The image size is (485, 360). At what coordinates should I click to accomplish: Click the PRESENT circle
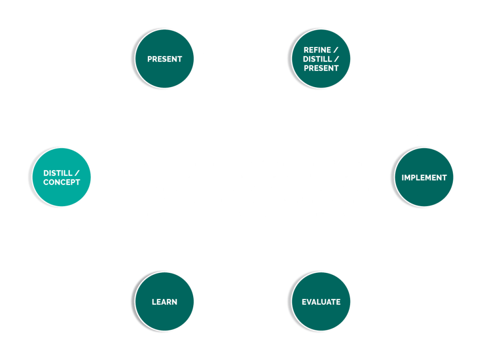164,59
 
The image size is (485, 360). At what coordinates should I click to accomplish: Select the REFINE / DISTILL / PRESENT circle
321,59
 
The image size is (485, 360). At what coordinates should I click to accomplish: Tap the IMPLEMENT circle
424,178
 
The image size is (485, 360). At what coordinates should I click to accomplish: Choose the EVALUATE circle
321,302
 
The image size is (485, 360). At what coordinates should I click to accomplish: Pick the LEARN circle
164,302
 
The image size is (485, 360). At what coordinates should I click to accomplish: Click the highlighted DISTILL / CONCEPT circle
62,178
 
